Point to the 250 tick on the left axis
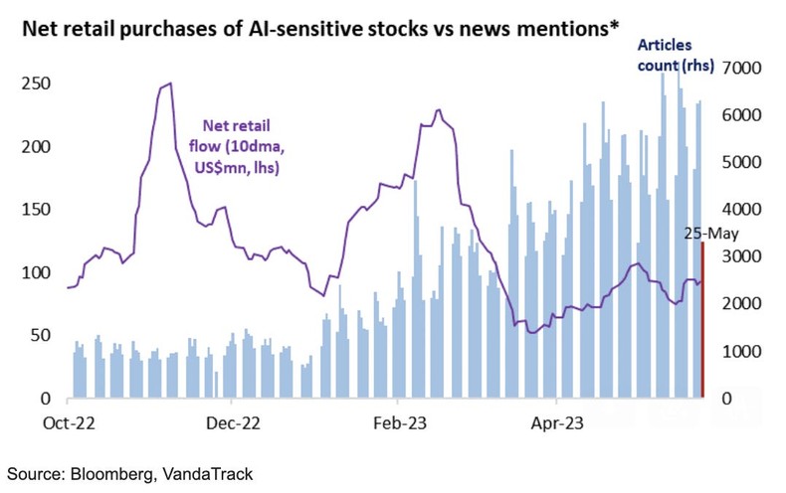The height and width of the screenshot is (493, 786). pos(37,83)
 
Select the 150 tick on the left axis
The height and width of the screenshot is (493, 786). pos(37,210)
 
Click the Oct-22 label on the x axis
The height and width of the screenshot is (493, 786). pos(68,421)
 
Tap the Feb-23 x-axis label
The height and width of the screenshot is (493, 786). pos(396,421)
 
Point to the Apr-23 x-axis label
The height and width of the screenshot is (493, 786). pos(557,421)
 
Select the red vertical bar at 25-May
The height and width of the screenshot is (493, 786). pos(703,319)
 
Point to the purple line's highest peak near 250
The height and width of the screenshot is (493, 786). pos(169,84)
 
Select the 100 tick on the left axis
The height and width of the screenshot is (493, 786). pos(37,272)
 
